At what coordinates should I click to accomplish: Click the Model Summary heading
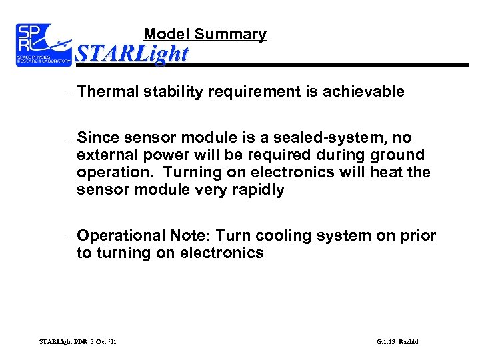tap(205, 34)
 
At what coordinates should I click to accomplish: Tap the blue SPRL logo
tap(43, 45)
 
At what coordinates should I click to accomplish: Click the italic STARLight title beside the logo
tap(132, 53)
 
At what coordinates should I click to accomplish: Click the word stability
tap(173, 92)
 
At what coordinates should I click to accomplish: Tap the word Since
tap(97, 138)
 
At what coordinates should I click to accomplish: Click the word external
tap(105, 155)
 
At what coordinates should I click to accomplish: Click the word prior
tap(419, 236)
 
